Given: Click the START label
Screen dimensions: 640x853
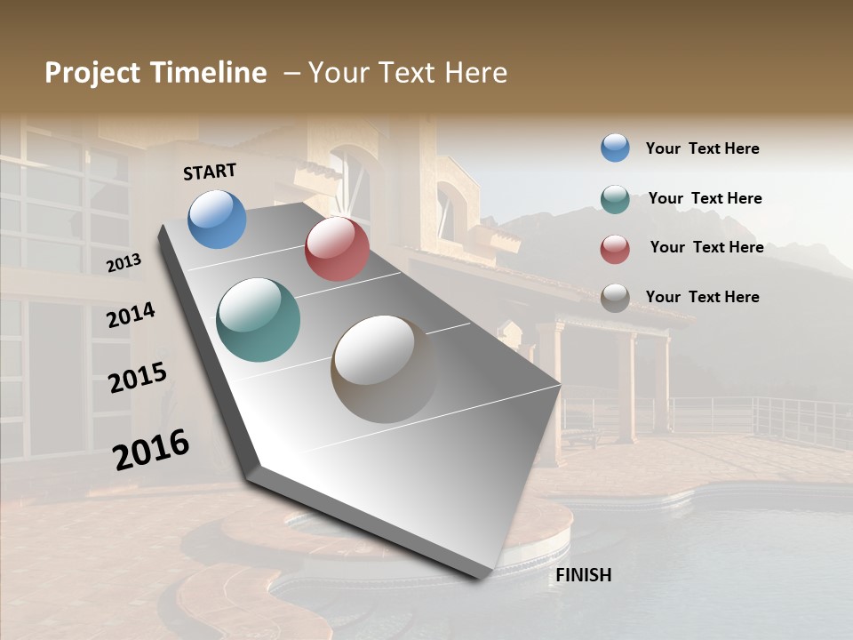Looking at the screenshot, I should pyautogui.click(x=210, y=172).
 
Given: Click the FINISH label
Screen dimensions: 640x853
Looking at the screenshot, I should pyautogui.click(x=583, y=575).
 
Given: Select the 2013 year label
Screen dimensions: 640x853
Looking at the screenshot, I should pyautogui.click(x=124, y=263).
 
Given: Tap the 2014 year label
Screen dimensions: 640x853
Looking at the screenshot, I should pyautogui.click(x=131, y=315).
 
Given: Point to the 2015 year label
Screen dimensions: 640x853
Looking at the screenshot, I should pyautogui.click(x=137, y=378).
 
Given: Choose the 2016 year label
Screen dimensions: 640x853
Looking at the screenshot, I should pyautogui.click(x=151, y=449).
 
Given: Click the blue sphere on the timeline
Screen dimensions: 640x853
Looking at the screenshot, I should pyautogui.click(x=217, y=219).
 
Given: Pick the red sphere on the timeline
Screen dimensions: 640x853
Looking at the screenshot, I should pyautogui.click(x=337, y=249).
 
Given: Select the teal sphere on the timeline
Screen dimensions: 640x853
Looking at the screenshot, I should pyautogui.click(x=258, y=320).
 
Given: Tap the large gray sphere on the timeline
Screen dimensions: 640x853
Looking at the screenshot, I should pyautogui.click(x=385, y=369).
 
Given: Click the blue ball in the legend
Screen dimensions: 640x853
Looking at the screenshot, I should pyautogui.click(x=615, y=148).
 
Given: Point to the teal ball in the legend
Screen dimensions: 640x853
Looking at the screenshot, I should pyautogui.click(x=615, y=199).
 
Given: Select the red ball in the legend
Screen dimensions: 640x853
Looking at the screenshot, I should pyautogui.click(x=615, y=249).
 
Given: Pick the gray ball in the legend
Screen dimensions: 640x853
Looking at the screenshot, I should pyautogui.click(x=615, y=298).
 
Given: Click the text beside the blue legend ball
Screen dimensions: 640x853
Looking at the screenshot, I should pyautogui.click(x=702, y=149).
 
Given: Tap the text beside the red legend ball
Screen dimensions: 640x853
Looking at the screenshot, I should pyautogui.click(x=706, y=247).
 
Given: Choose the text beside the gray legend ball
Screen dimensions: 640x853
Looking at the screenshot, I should pyautogui.click(x=702, y=297).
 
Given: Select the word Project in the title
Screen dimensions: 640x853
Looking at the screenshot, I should pyautogui.click(x=91, y=73).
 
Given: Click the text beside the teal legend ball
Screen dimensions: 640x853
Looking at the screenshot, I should pyautogui.click(x=705, y=198).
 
